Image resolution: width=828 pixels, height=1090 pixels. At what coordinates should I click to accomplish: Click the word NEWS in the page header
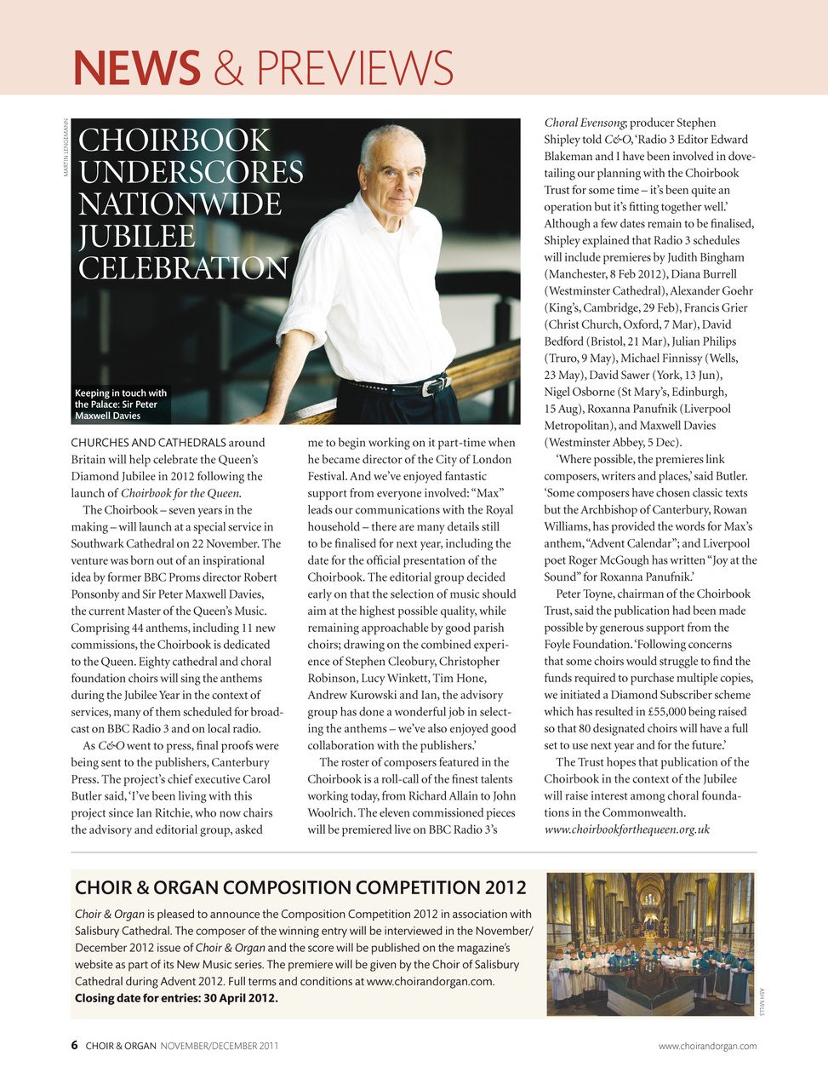point(136,68)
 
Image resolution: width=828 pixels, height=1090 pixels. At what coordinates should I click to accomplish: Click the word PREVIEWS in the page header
point(355,68)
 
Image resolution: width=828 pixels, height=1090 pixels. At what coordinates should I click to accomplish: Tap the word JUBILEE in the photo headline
point(137,237)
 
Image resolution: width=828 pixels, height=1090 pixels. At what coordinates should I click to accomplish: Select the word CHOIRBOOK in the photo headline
point(174,141)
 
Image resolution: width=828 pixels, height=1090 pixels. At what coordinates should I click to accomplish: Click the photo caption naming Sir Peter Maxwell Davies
point(120,404)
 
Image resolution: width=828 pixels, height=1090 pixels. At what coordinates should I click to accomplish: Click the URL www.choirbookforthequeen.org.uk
point(626,829)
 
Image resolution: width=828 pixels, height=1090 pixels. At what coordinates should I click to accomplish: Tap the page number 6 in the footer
point(75,1046)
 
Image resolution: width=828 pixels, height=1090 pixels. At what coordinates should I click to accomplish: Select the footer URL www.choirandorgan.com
point(707,1046)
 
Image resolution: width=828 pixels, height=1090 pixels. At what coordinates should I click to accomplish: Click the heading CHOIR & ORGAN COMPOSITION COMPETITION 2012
point(300,887)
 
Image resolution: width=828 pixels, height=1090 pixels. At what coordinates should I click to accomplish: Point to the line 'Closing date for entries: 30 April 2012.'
point(176,998)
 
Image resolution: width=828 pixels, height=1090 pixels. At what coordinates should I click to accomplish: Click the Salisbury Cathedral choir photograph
point(650,944)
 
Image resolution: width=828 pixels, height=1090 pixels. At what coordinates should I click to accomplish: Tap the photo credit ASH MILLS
point(762,1001)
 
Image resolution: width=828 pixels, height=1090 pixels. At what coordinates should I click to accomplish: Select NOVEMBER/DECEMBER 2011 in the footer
point(219,1046)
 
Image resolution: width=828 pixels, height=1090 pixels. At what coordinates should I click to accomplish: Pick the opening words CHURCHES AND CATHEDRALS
point(148,443)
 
